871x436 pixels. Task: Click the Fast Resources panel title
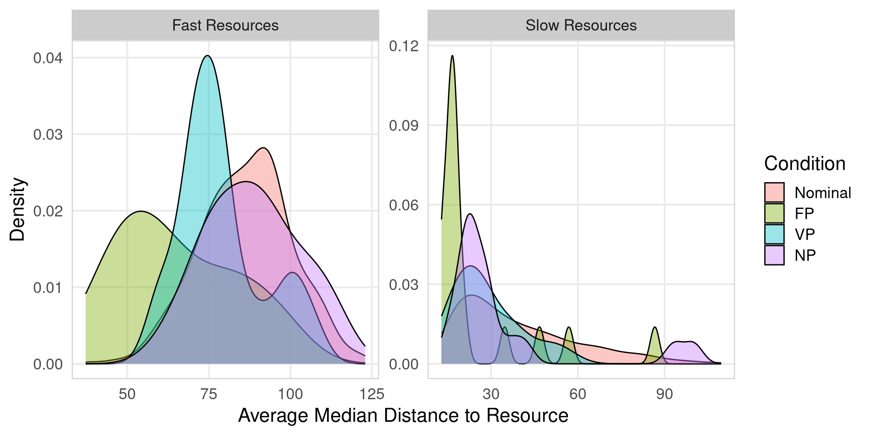click(x=225, y=25)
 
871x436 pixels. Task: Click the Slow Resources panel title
click(x=581, y=25)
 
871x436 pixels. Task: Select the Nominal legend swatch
click(x=774, y=193)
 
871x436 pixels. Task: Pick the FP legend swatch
click(x=774, y=213)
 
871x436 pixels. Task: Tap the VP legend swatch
click(x=774, y=234)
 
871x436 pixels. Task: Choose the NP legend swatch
click(x=774, y=255)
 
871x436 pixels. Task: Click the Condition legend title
click(x=805, y=163)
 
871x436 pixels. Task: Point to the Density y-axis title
click(x=18, y=209)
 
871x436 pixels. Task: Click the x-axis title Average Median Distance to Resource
click(x=403, y=416)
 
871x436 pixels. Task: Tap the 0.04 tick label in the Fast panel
click(x=48, y=58)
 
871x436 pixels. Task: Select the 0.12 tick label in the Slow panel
click(x=404, y=46)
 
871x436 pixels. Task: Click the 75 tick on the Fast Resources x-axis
click(x=209, y=394)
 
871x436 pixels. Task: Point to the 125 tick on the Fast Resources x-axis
click(x=372, y=394)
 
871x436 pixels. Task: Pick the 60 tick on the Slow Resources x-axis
click(x=577, y=394)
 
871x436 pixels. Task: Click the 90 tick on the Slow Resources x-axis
click(x=665, y=394)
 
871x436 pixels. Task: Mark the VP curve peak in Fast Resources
click(x=207, y=56)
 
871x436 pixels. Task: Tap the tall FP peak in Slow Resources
click(x=452, y=56)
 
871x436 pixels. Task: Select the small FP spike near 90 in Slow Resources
click(x=655, y=327)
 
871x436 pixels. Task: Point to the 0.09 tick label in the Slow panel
click(x=404, y=125)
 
